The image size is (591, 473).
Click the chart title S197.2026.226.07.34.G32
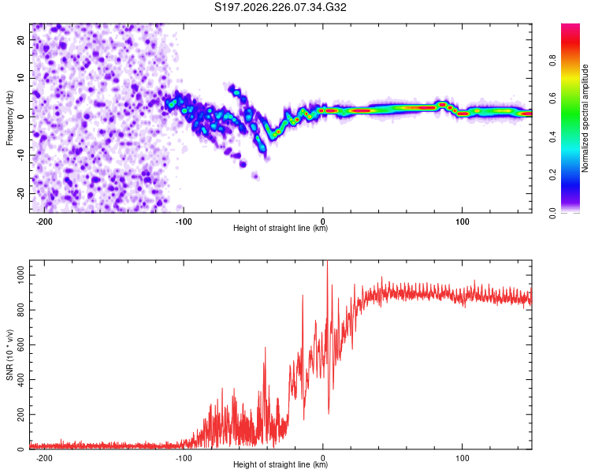pos(280,7)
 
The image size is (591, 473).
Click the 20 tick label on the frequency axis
pos(21,40)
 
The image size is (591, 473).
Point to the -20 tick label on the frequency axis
pos(21,194)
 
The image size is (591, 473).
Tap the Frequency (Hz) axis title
pos(9,117)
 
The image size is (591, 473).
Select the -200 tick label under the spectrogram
pos(44,222)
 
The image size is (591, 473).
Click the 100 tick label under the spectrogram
pos(462,222)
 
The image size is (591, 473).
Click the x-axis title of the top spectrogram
pos(281,228)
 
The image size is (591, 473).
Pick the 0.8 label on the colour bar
pos(552,61)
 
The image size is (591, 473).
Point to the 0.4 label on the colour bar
pos(552,137)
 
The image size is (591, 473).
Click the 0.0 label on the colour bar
pos(552,214)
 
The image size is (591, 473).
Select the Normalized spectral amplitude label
pos(585,118)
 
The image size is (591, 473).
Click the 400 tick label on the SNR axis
pos(21,380)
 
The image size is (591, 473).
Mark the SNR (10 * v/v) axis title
pos(9,355)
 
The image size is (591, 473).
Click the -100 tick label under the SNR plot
pos(184,458)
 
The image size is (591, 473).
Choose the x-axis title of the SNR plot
pos(281,464)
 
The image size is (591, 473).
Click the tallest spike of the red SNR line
pos(327,262)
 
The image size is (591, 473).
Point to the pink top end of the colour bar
pos(571,25)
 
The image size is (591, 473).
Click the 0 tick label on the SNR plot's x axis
pos(322,458)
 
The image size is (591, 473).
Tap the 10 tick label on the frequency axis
pos(21,79)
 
